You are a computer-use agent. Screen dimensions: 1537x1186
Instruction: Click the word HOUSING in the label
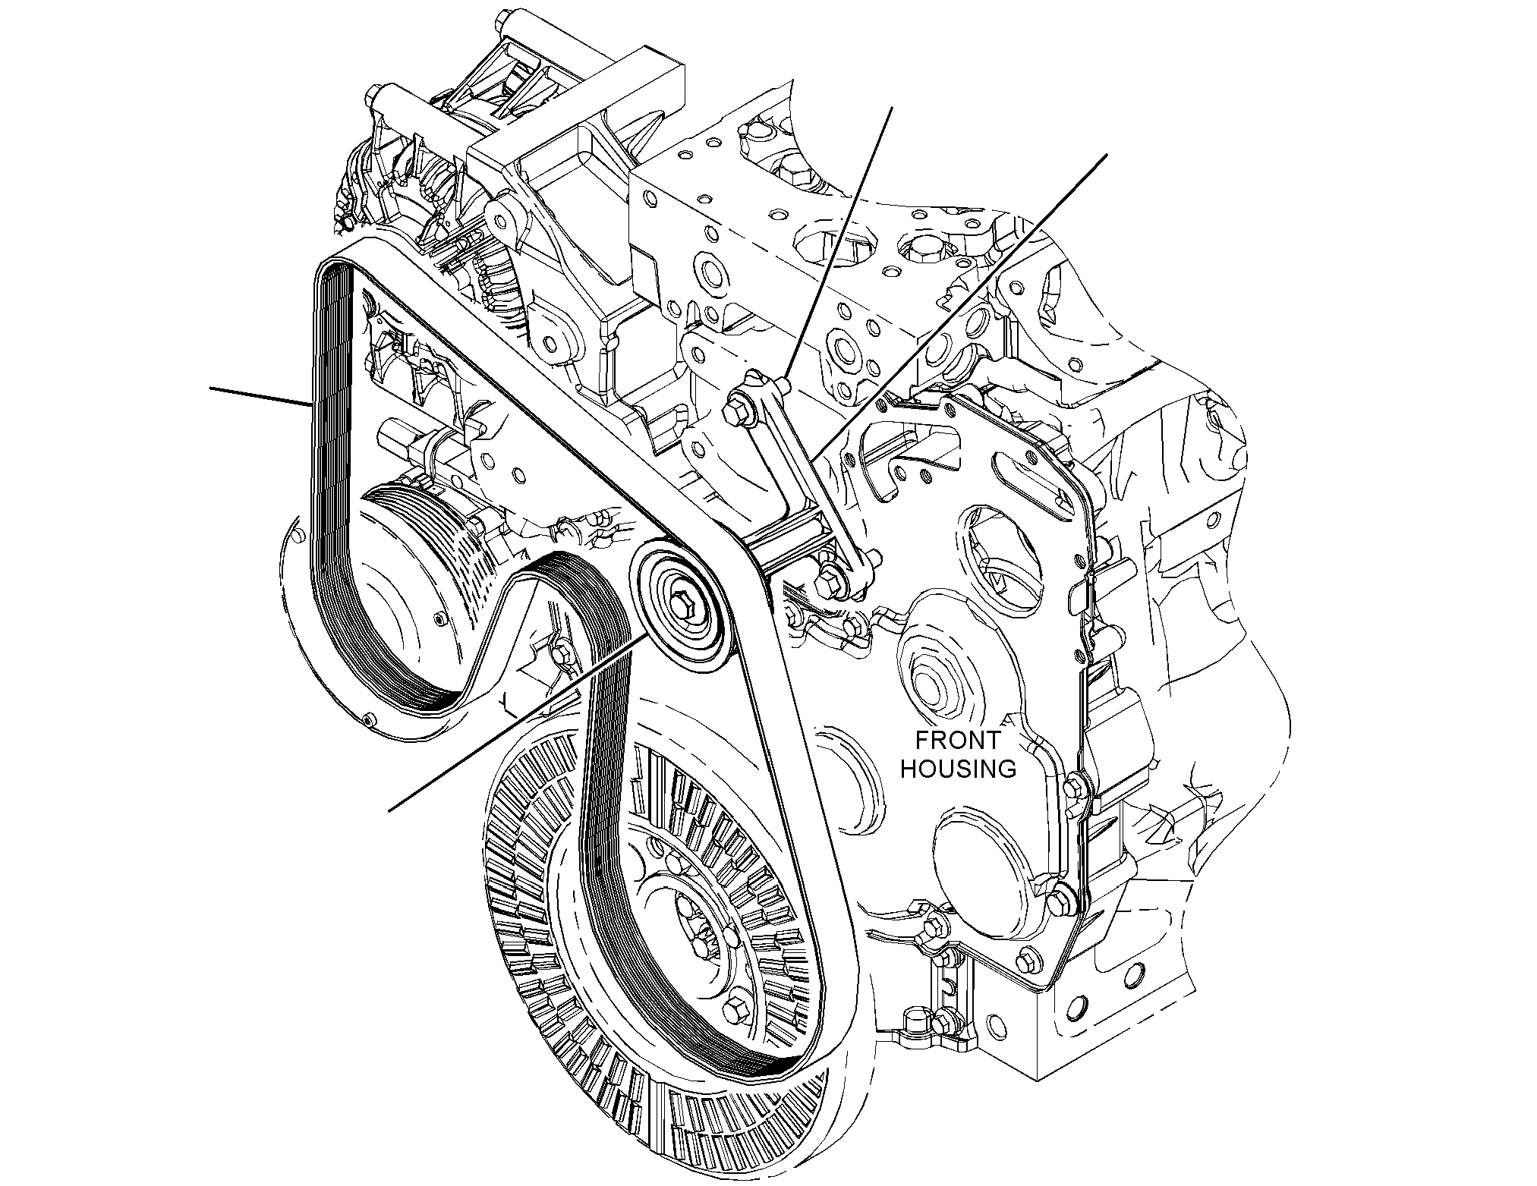click(958, 769)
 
